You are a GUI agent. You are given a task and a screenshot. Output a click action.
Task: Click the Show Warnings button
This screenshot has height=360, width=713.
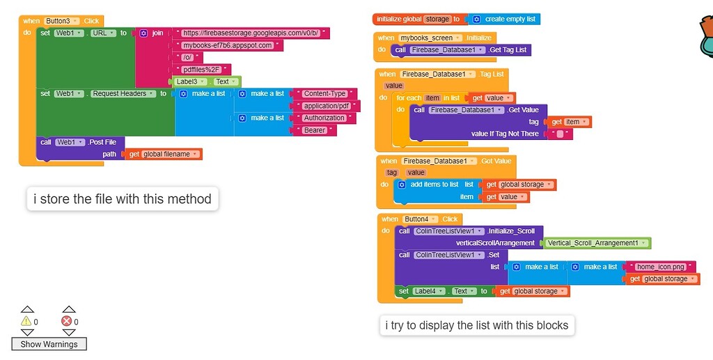click(x=49, y=344)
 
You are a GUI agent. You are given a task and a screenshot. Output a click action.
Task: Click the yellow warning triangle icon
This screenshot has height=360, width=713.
click(x=26, y=321)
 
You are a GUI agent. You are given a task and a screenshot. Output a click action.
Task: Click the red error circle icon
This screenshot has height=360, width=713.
click(x=67, y=321)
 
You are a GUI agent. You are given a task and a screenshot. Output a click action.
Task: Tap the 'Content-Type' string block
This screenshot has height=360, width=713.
click(x=324, y=93)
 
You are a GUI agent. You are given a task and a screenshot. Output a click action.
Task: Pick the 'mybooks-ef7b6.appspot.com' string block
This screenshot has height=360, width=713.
click(x=227, y=45)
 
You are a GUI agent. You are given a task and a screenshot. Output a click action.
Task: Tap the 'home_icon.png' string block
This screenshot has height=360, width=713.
click(x=660, y=267)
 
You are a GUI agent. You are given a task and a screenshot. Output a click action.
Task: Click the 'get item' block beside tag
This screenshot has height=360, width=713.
click(x=570, y=122)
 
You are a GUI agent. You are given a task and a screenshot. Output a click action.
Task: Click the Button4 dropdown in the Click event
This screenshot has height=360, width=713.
click(x=421, y=219)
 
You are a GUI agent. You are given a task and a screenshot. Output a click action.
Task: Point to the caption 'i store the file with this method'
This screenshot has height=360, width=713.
click(x=123, y=199)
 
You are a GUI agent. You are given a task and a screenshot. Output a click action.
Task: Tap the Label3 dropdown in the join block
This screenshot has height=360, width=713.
click(x=191, y=81)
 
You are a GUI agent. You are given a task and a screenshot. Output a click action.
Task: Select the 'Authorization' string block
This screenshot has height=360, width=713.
click(x=324, y=118)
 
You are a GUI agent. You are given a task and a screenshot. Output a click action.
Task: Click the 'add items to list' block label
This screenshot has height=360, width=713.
click(x=434, y=185)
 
